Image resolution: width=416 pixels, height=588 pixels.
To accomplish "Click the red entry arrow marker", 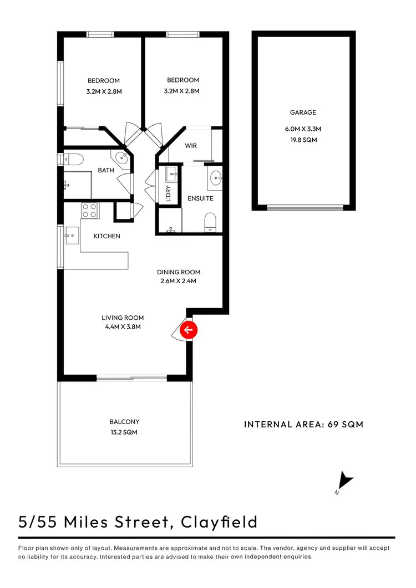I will [189, 331].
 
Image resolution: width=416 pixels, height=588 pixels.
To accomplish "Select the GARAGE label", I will [303, 113].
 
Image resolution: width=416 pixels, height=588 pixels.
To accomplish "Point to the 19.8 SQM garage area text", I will [303, 141].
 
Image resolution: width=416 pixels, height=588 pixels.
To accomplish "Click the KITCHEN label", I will [106, 236].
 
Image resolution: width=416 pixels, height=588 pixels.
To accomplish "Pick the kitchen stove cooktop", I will [89, 211].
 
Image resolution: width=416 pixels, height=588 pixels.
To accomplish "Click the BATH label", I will [106, 170].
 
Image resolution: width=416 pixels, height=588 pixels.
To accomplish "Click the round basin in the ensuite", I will [215, 178].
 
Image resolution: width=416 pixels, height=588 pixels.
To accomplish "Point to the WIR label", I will [190, 146].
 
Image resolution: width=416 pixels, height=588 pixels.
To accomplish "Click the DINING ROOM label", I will [179, 272].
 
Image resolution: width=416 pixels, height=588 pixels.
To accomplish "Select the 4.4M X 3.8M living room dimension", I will [123, 327].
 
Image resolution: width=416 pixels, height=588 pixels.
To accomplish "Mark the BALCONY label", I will [125, 422].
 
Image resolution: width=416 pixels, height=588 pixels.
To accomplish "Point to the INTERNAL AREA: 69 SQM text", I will [303, 425].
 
